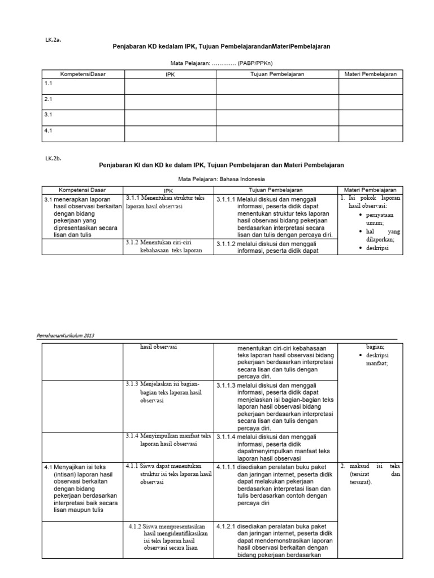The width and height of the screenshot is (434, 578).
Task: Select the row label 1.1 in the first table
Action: point(49,83)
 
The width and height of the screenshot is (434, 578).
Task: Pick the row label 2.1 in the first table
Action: point(49,99)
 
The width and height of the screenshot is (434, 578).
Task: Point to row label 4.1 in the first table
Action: point(49,130)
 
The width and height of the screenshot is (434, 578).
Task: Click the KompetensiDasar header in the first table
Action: point(83,74)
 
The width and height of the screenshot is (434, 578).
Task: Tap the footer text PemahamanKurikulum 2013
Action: point(66,335)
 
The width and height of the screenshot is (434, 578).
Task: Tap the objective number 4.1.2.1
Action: point(227,526)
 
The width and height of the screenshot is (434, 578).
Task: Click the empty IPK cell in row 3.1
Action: point(170,117)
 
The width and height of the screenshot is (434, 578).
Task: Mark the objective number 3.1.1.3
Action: point(227,385)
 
